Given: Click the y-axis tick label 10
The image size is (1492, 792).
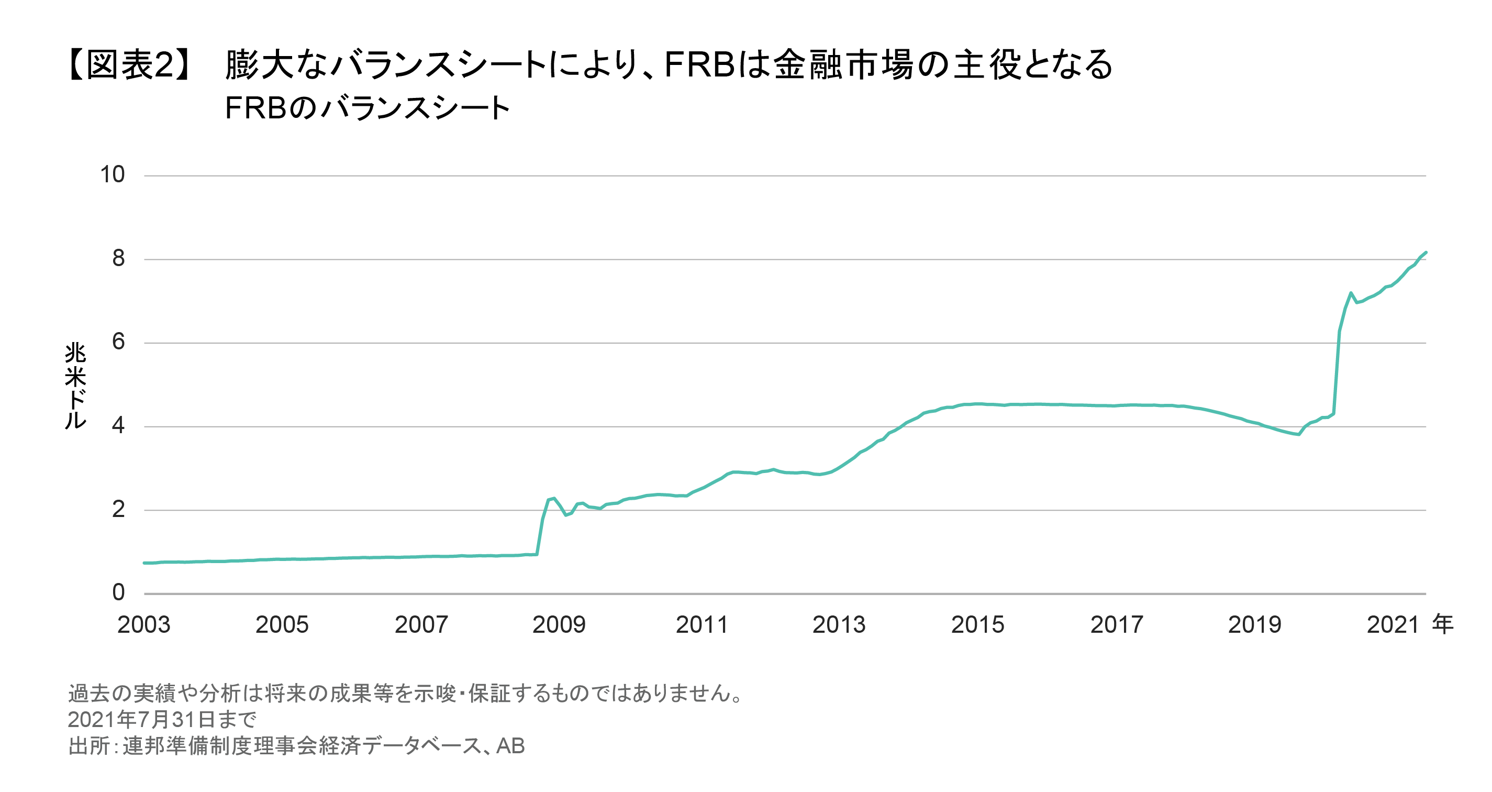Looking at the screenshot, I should (x=113, y=174).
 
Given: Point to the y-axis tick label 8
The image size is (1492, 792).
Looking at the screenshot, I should (x=118, y=258).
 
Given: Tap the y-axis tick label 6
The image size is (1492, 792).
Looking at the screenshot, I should (x=118, y=342).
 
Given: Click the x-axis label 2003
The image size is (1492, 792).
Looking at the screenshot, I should (x=143, y=624).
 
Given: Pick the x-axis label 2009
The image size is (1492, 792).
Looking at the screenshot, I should (x=559, y=624).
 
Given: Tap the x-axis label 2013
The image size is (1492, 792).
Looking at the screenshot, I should (x=839, y=624).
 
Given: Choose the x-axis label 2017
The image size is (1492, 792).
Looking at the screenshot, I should (x=1117, y=624).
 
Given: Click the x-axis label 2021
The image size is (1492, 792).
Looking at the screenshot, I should (x=1393, y=624).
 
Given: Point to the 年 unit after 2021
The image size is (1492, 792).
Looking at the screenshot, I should (x=1443, y=624).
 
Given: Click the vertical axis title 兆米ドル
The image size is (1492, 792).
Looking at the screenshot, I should (x=76, y=386).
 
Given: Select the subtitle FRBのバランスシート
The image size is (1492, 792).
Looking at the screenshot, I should (x=367, y=108).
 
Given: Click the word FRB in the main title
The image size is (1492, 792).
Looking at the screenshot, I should (x=699, y=64).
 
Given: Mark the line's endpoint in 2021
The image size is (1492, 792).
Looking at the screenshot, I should (x=1426, y=252).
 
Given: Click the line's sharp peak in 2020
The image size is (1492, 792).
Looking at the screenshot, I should (x=1351, y=293).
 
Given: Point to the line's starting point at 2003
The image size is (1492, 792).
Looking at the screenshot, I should (x=144, y=563).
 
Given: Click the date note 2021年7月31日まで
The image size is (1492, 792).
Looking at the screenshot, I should (x=162, y=720).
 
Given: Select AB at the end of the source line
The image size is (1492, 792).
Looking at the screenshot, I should (x=510, y=746).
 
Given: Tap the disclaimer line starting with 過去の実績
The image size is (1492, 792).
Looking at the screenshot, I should (x=405, y=694).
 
